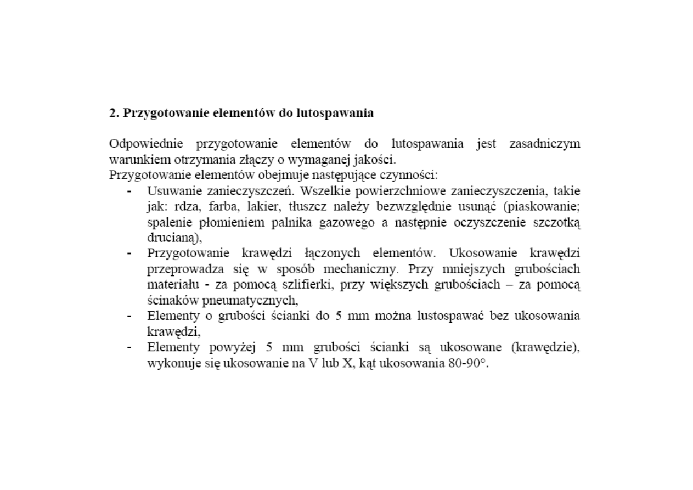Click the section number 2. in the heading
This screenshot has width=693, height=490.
[114, 114]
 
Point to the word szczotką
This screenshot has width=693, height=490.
[557, 223]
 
